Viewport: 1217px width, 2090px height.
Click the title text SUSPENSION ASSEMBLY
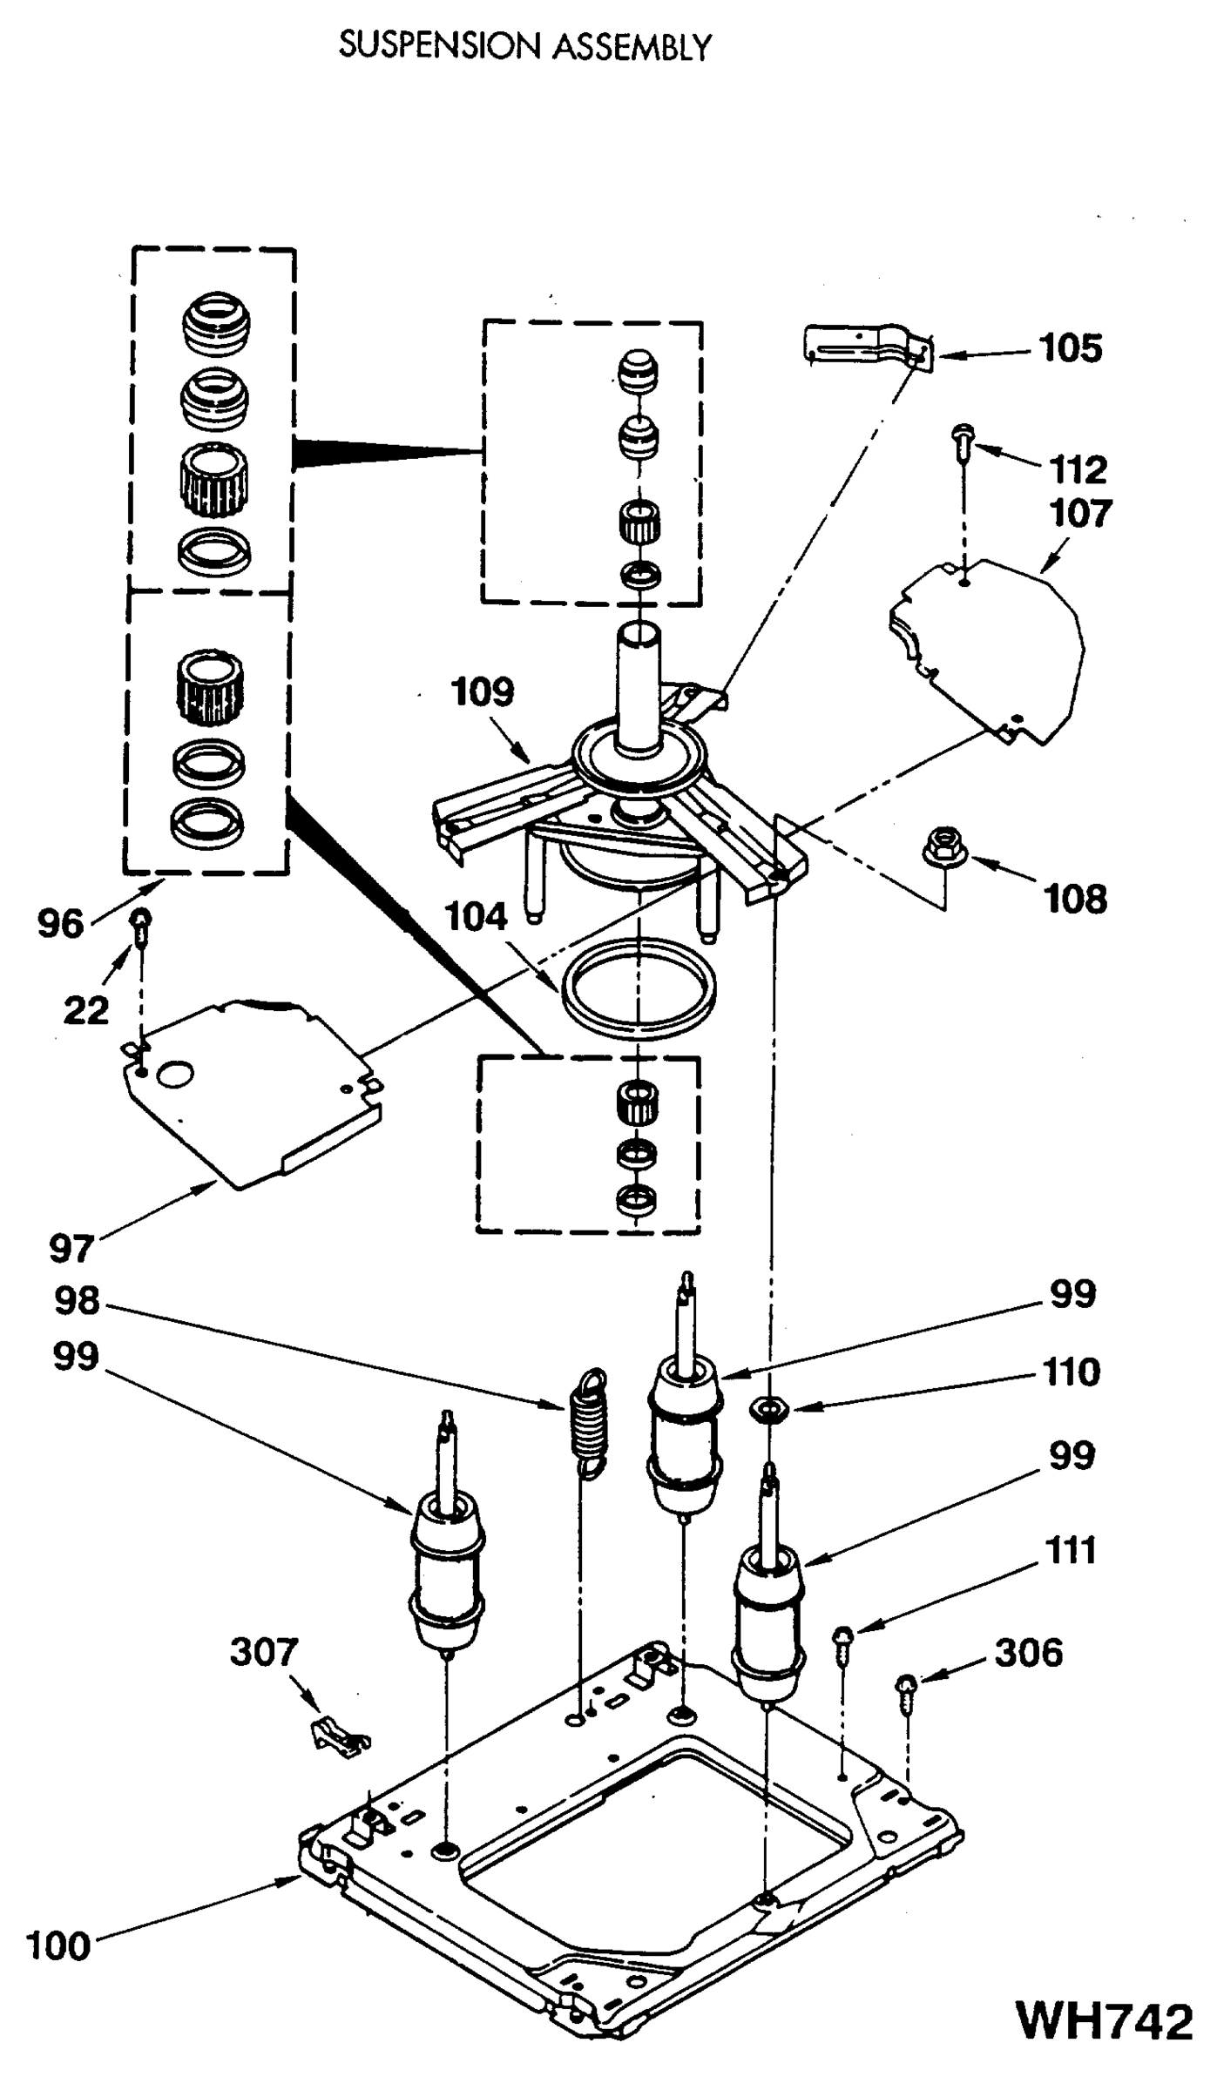point(525,46)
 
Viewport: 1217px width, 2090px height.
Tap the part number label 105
point(1071,348)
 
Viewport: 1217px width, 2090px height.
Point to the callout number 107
point(1080,514)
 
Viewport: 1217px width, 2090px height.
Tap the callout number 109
point(483,692)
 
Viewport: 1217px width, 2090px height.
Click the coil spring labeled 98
point(590,1426)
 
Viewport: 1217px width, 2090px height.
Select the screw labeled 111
point(843,1641)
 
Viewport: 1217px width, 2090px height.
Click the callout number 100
point(57,1945)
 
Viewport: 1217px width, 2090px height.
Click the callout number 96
point(60,924)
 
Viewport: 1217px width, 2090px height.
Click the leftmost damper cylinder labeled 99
point(446,1567)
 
